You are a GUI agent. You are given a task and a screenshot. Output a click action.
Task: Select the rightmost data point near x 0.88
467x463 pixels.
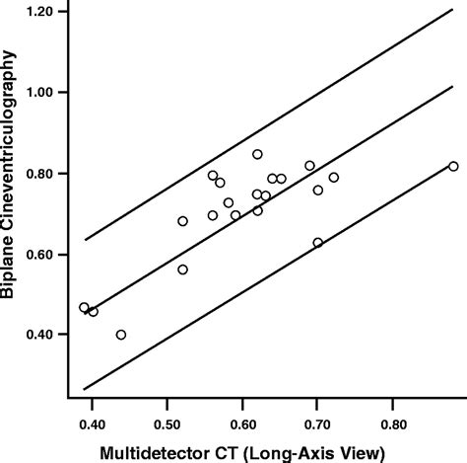click(453, 167)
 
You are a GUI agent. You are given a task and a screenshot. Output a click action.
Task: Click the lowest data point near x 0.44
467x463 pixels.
click(121, 335)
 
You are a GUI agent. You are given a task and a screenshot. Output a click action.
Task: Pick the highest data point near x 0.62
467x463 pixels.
click(257, 154)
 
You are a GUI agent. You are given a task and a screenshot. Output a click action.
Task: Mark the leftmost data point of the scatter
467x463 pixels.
click(84, 308)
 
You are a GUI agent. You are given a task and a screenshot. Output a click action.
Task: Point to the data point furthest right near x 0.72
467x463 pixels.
click(334, 178)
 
